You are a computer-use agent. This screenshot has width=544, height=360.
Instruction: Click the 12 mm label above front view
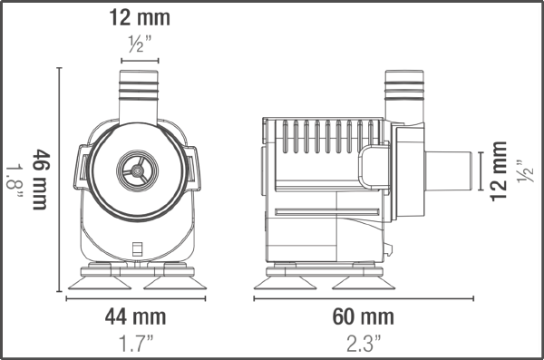[138, 17]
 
